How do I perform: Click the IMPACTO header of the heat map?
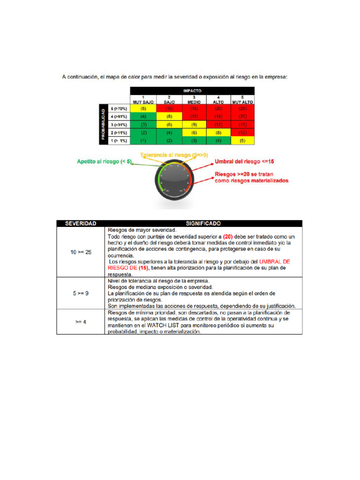(192, 90)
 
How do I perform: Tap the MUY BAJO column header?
(143, 99)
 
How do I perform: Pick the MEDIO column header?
(194, 99)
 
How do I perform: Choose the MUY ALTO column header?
(242, 99)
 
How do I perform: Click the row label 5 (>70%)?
(119, 108)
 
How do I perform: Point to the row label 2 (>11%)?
(119, 133)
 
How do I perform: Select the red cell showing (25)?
(242, 108)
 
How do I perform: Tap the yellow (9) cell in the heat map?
(194, 125)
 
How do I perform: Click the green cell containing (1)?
(143, 141)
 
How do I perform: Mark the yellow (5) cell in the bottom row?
(242, 141)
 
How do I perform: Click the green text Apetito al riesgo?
(103, 162)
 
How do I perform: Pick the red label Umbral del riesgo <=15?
(244, 161)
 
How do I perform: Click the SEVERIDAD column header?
(81, 224)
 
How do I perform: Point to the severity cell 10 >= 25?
(81, 252)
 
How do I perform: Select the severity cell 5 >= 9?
(81, 293)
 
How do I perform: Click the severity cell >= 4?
(81, 322)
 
